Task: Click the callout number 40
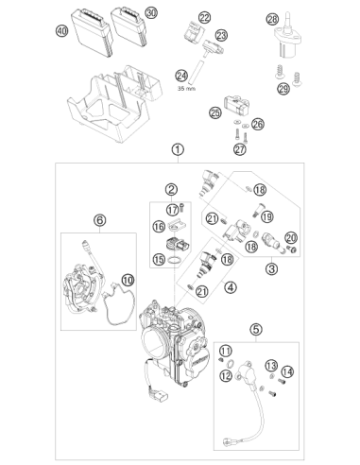(62, 31)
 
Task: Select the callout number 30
(151, 13)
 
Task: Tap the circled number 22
(205, 18)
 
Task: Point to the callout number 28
(272, 19)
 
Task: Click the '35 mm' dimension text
(186, 89)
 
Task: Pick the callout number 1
(178, 149)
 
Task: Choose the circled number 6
(100, 220)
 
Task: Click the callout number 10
(128, 280)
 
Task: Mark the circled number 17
(173, 210)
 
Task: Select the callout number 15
(159, 259)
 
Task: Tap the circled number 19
(267, 216)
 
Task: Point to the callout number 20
(291, 238)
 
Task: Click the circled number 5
(256, 330)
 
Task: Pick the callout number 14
(287, 371)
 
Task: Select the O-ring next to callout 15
(176, 260)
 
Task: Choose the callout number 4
(231, 287)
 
